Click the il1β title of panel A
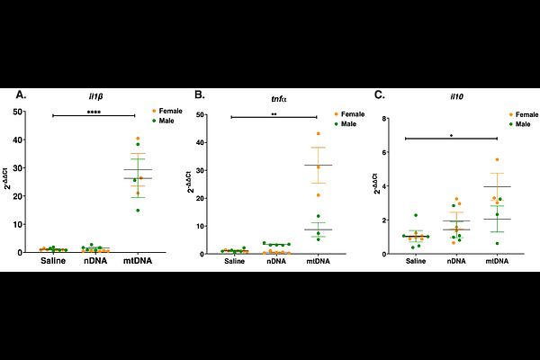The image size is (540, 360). tap(95, 97)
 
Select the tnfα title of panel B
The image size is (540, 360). tap(279, 99)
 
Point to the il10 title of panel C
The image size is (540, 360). tap(456, 97)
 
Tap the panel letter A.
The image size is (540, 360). tap(21, 94)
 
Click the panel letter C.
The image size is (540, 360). tap(379, 94)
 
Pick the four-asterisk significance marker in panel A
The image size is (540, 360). tap(94, 112)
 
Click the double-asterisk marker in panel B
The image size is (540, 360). tap(274, 114)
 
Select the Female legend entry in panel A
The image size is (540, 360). tap(167, 111)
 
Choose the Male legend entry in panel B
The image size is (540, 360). tap(346, 124)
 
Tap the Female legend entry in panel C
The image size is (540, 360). tap(524, 114)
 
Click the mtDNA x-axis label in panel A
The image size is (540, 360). tap(138, 261)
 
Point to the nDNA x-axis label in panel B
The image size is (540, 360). tap(276, 262)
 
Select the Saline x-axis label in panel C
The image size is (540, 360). tap(416, 262)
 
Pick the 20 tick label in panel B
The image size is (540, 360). tap(199, 198)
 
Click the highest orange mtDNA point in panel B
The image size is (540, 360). tap(319, 134)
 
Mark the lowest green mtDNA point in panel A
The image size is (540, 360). tap(138, 211)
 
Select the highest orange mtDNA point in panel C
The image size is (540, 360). tap(497, 159)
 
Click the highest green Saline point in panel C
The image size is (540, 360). tap(416, 215)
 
